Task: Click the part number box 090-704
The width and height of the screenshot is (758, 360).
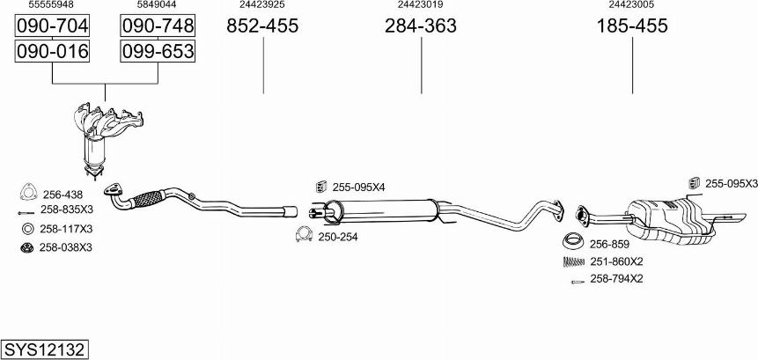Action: pos(53,26)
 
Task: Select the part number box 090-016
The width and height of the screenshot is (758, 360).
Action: pos(53,52)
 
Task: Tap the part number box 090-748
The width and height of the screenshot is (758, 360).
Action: pos(157,26)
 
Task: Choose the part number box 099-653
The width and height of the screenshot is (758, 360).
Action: pos(157,52)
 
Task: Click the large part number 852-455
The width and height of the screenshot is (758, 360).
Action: pos(262,26)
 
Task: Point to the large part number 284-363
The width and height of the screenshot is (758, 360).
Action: pos(420,26)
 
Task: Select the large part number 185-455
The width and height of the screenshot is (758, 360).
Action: pos(632,26)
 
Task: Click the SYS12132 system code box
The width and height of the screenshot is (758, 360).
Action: pos(43,349)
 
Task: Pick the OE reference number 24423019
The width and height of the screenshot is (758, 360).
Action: pos(420,5)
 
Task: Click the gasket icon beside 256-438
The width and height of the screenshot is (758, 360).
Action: pos(27,194)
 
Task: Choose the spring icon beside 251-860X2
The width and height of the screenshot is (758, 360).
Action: pos(574,261)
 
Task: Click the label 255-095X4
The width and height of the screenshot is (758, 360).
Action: pos(358,187)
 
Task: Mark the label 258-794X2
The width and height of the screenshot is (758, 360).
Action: pos(616,279)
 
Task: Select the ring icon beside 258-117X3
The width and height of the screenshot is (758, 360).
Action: pos(27,229)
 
